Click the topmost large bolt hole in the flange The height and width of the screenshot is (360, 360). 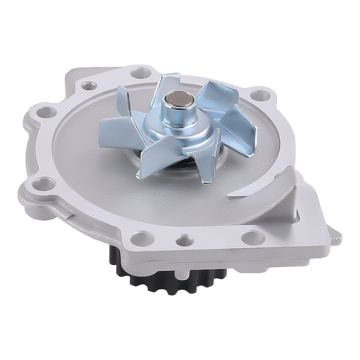(x=140, y=73)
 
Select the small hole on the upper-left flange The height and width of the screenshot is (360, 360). (x=89, y=86)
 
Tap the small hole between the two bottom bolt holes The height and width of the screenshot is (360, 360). (x=185, y=239)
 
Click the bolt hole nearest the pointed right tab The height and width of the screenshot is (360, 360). (x=253, y=237)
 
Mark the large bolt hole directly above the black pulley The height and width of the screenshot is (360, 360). (x=143, y=238)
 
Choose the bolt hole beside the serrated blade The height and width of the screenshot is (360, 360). (x=260, y=95)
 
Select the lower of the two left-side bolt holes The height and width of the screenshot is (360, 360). (x=43, y=184)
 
